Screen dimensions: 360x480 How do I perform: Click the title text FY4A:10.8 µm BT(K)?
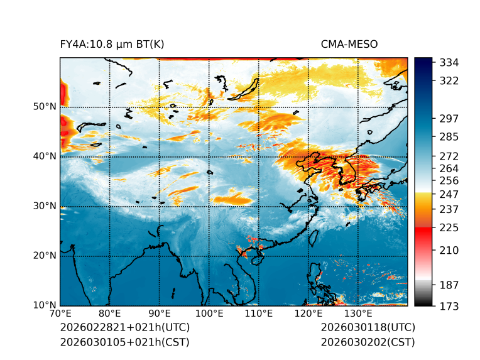[112, 44]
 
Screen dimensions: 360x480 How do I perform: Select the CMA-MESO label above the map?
[349, 44]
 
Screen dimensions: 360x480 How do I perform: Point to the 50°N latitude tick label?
[45, 107]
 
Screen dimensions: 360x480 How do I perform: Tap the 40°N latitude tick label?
[45, 156]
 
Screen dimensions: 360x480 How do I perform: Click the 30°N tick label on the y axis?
[45, 206]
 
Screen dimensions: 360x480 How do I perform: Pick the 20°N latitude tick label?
[45, 256]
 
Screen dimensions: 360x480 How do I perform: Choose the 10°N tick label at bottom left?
[45, 305]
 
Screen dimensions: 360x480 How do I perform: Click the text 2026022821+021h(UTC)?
[124, 328]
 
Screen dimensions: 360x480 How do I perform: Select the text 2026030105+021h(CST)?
[124, 342]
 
